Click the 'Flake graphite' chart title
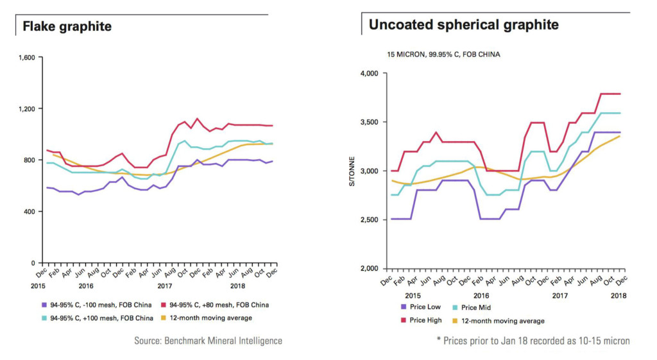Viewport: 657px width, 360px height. coord(67,26)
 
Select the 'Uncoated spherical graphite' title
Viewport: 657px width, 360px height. coord(463,25)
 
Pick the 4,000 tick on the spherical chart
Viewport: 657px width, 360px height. coord(369,74)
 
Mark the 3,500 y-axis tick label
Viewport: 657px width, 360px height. coord(369,123)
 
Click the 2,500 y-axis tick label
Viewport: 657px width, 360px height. coord(369,220)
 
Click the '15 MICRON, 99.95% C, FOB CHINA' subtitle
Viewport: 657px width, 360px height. coord(443,55)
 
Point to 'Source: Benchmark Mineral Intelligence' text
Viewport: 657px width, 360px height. coord(208,341)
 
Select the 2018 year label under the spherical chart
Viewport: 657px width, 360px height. coord(619,296)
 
